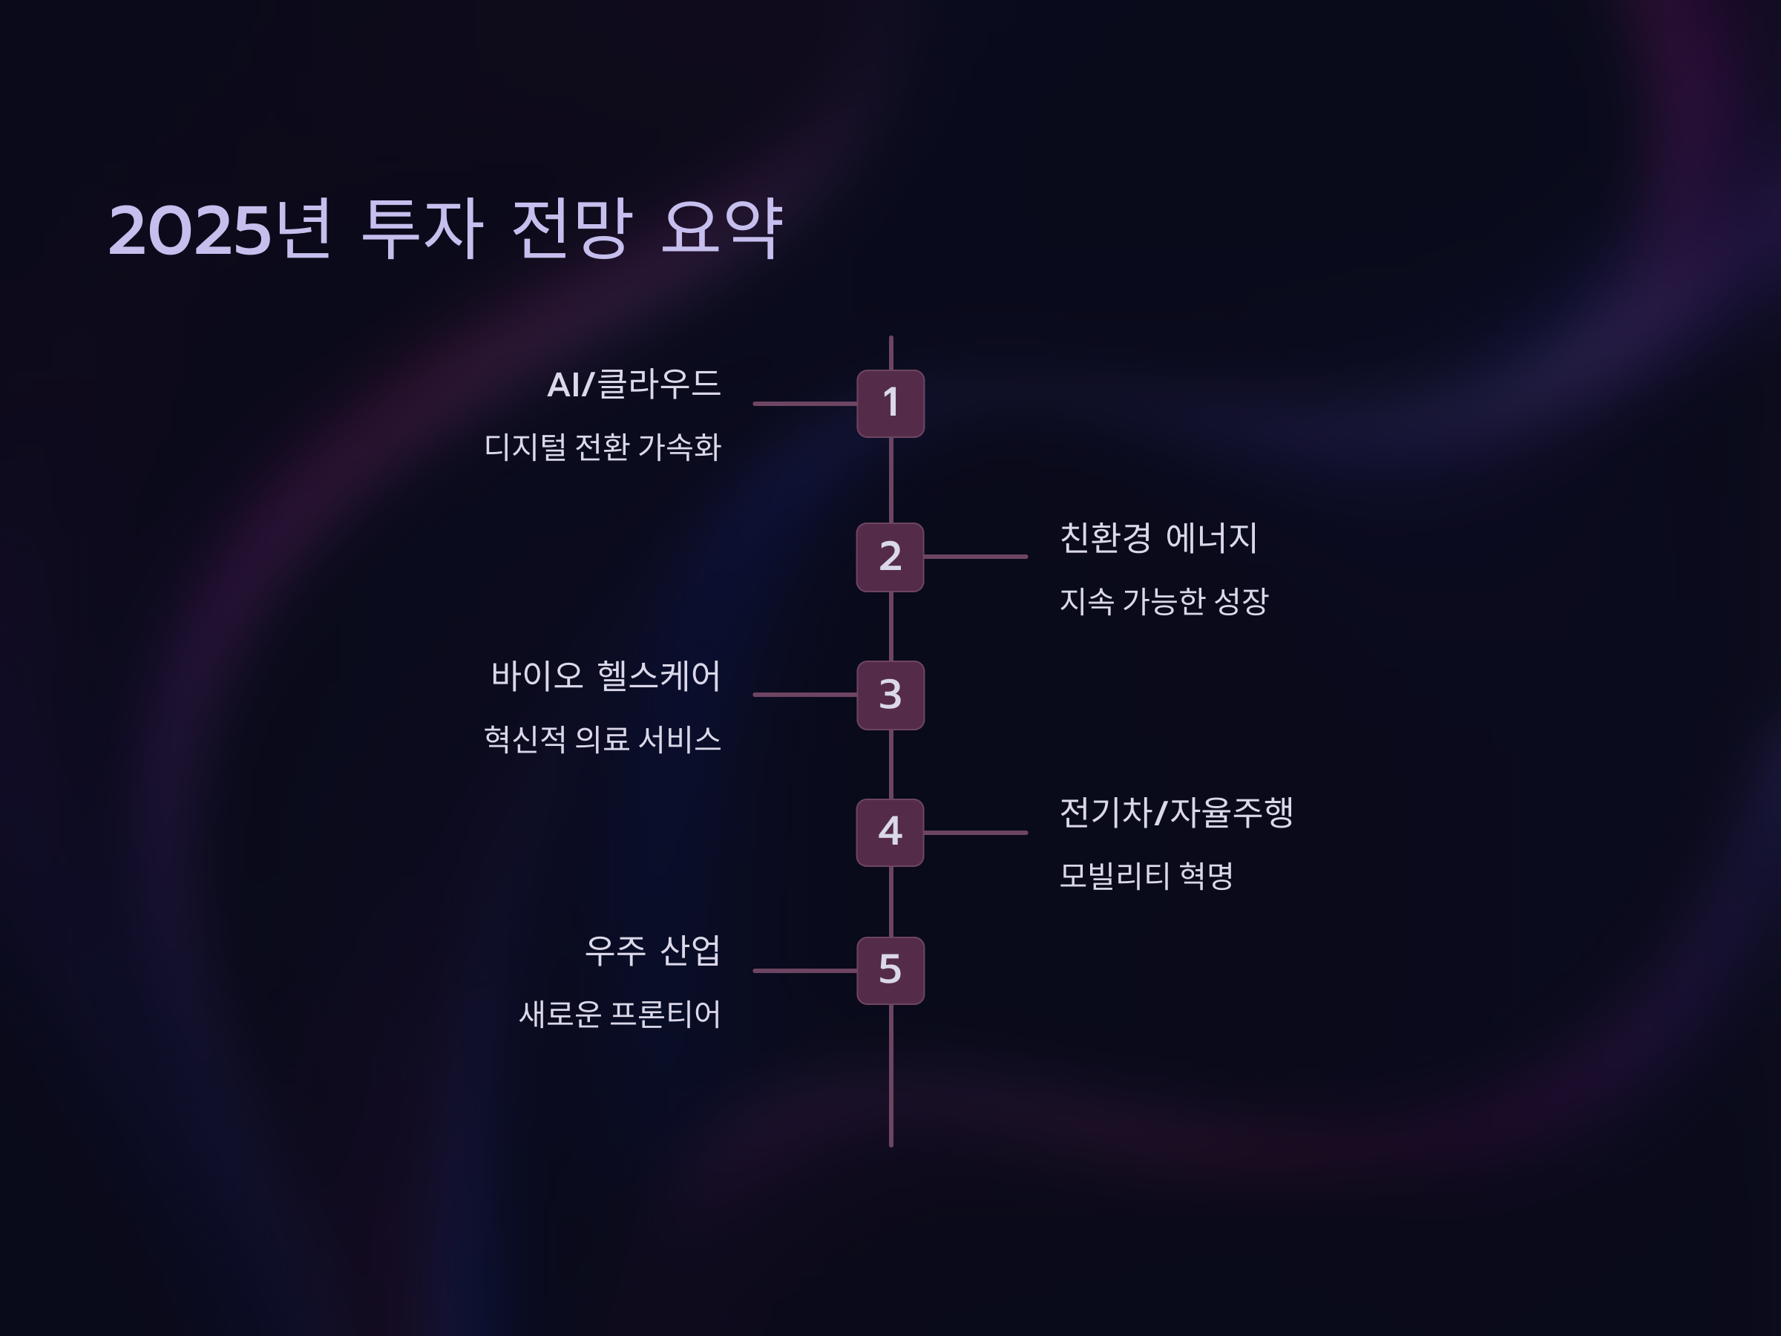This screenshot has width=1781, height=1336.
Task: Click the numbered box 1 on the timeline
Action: coord(890,404)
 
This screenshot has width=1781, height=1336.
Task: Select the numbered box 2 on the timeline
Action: coord(890,557)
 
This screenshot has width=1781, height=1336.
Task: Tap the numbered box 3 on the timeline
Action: coord(890,695)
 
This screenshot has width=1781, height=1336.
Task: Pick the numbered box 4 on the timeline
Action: coord(890,833)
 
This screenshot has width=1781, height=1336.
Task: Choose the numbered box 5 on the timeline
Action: coord(890,970)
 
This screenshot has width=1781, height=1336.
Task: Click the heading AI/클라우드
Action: coord(634,384)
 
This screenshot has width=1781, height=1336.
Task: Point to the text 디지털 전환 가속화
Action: coord(603,447)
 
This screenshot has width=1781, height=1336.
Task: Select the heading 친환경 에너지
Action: coord(1158,538)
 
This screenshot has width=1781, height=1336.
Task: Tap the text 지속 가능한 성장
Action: coord(1164,600)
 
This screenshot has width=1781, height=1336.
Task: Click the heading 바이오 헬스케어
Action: coord(606,675)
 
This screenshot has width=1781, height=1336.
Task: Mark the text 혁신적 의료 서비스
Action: coord(603,739)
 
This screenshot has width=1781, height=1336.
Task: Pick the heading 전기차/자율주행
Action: coord(1175,813)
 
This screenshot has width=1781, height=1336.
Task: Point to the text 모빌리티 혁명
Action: coord(1146,875)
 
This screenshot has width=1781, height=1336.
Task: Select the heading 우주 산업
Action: coord(652,951)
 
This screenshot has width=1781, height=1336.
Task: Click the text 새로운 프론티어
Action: coord(619,1014)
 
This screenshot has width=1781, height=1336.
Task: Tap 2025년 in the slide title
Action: coord(220,229)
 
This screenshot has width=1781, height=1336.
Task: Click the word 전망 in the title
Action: coord(571,229)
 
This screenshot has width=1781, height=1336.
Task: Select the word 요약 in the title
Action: coord(721,229)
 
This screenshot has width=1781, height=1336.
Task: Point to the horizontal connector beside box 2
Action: coord(976,557)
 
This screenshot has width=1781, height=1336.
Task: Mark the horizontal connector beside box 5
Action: coord(804,970)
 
